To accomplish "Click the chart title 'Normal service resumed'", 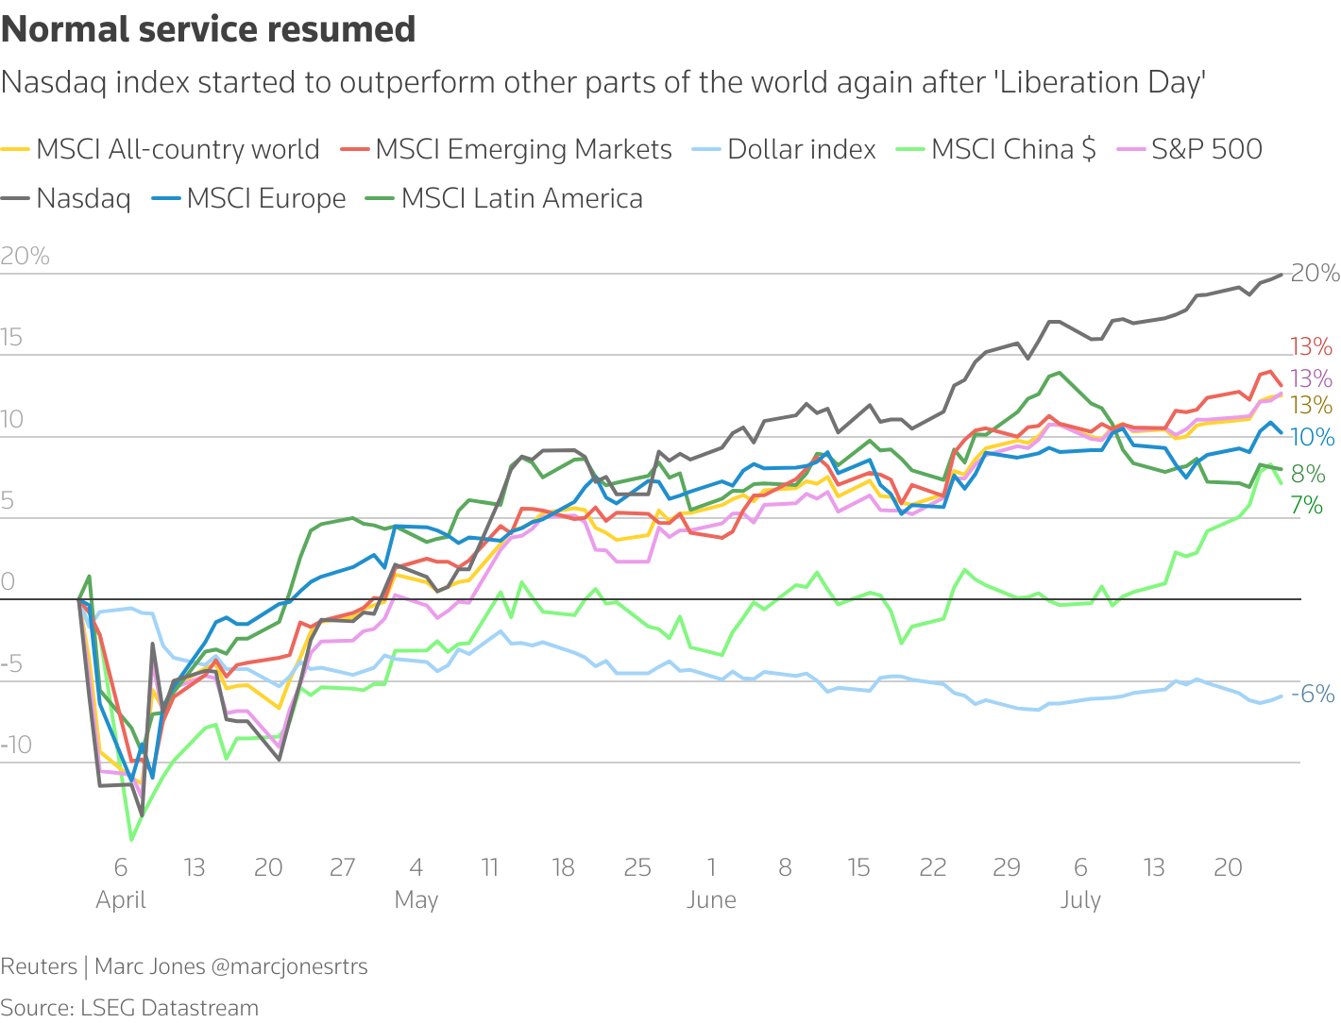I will pyautogui.click(x=209, y=29).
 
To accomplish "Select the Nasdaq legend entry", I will pyautogui.click(x=83, y=199).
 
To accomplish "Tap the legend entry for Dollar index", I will pyautogui.click(x=801, y=149).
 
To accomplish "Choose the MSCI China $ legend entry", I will pyautogui.click(x=1013, y=149).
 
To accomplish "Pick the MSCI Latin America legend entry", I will pyautogui.click(x=521, y=199).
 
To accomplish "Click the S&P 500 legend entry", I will pyautogui.click(x=1206, y=149).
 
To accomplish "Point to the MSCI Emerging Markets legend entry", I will pyautogui.click(x=523, y=149).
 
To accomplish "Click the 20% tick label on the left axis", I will pyautogui.click(x=25, y=256).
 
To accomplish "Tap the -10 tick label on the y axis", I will pyautogui.click(x=16, y=745).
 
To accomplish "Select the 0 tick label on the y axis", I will pyautogui.click(x=8, y=581).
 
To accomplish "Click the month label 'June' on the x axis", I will pyautogui.click(x=711, y=899).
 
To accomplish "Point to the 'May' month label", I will pyautogui.click(x=416, y=899).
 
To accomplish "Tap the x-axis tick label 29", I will pyautogui.click(x=1007, y=867).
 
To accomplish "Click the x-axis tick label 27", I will pyautogui.click(x=342, y=867).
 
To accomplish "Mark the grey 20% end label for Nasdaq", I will pyautogui.click(x=1315, y=273).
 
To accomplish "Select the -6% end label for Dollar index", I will pyautogui.click(x=1313, y=694).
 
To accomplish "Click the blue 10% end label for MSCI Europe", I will pyautogui.click(x=1313, y=437).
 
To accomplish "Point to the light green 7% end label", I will pyautogui.click(x=1307, y=506).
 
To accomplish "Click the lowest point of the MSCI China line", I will pyautogui.click(x=131, y=839).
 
